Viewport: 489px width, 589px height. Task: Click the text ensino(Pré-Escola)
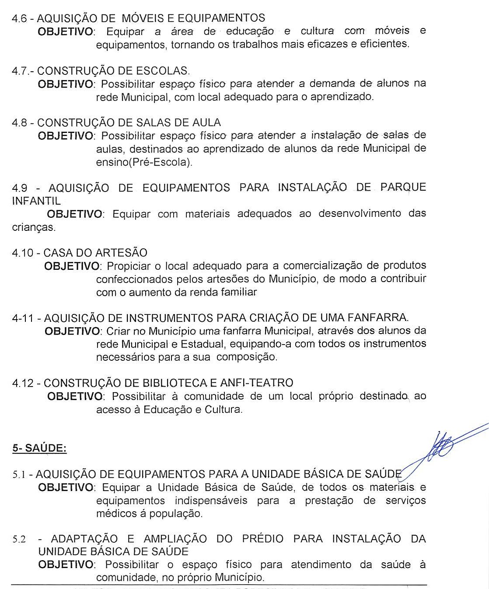[x=144, y=162]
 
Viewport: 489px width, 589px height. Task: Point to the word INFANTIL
[x=36, y=201]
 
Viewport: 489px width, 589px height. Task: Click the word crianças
[x=34, y=227]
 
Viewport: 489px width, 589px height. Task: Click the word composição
[x=247, y=357]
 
